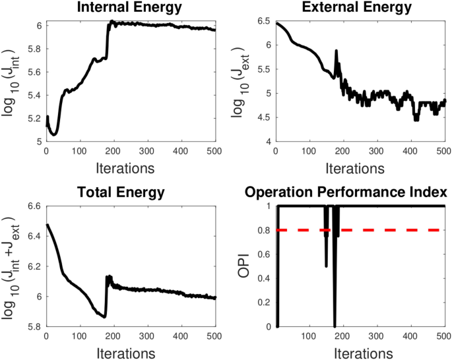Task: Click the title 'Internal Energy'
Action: (x=131, y=8)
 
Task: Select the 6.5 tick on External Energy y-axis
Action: (x=265, y=21)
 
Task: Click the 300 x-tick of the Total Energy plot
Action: (x=148, y=336)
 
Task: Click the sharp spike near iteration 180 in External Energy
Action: (x=336, y=51)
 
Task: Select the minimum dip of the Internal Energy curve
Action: (x=54, y=135)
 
